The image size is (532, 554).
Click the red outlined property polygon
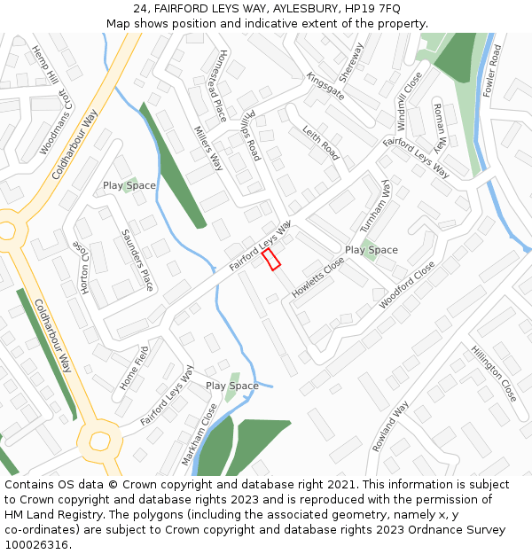[x=271, y=259]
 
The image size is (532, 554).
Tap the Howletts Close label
[x=318, y=277]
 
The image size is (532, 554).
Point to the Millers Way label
[x=208, y=147]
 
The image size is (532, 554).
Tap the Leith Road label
[x=320, y=143]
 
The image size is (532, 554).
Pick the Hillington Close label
[x=494, y=373]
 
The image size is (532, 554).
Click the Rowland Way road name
[x=390, y=426]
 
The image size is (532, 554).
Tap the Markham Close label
[x=199, y=434]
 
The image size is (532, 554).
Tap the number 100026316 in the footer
[x=36, y=545]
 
